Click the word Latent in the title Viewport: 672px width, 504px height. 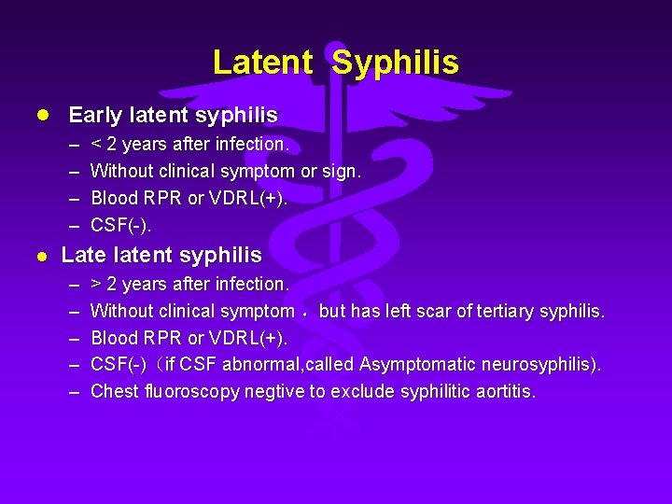click(x=262, y=63)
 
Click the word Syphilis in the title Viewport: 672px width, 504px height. click(x=395, y=63)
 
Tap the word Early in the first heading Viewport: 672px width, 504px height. click(x=95, y=116)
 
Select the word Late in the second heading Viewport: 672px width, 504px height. click(x=81, y=255)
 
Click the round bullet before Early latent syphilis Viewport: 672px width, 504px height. click(x=41, y=116)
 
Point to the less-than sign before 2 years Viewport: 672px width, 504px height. click(x=95, y=145)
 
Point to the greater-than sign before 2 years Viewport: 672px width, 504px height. click(x=96, y=284)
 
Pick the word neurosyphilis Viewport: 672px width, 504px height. click(x=535, y=364)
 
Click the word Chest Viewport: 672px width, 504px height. click(x=114, y=391)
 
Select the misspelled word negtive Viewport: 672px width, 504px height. click(x=274, y=391)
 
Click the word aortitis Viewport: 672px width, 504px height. click(x=504, y=391)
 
